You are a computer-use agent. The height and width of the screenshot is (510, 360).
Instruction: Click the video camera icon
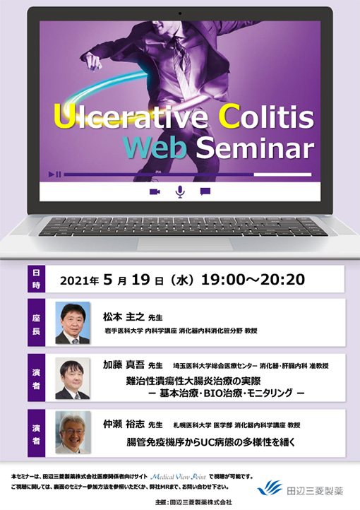(155, 191)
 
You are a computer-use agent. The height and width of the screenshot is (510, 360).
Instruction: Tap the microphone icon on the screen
(180, 191)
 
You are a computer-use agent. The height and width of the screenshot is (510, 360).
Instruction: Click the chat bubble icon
(205, 191)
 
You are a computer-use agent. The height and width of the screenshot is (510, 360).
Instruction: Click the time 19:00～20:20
(253, 279)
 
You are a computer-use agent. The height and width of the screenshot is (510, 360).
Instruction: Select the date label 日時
(37, 279)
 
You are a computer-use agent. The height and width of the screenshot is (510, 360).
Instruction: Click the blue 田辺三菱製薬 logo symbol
(270, 487)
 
